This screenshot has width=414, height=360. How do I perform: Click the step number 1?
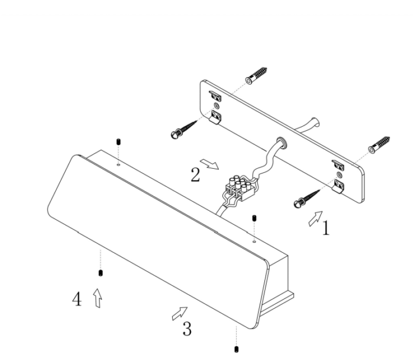[x=326, y=228]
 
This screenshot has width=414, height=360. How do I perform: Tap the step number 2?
[x=195, y=175]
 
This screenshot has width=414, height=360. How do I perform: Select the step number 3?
[x=187, y=329]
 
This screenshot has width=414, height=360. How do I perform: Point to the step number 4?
[x=77, y=299]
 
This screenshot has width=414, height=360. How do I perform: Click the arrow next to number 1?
[x=315, y=218]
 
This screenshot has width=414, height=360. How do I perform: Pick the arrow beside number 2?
[x=209, y=164]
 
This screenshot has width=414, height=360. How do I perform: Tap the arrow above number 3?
[x=180, y=313]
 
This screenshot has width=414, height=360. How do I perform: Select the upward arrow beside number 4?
[x=98, y=298]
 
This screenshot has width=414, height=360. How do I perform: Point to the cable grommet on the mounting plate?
[x=282, y=142]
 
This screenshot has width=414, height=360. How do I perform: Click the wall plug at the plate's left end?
[x=256, y=75]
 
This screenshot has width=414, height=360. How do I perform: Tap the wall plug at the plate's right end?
[x=379, y=145]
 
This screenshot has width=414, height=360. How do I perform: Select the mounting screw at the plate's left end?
[x=184, y=130]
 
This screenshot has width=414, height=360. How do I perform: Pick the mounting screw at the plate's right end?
[x=307, y=199]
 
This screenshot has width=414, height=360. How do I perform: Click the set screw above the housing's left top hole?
[x=118, y=142]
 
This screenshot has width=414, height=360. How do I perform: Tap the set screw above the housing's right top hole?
[x=254, y=218]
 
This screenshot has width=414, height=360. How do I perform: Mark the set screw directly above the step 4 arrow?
[x=101, y=273]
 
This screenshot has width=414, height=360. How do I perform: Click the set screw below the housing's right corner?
[x=237, y=349]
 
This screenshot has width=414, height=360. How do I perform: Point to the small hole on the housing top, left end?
[x=118, y=165]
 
